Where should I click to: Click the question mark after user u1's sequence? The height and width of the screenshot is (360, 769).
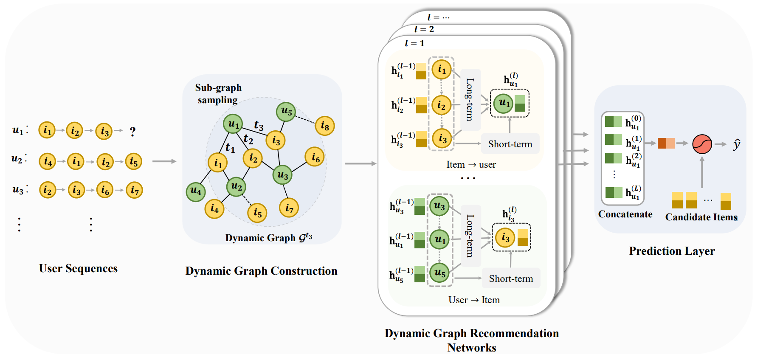[x=133, y=132]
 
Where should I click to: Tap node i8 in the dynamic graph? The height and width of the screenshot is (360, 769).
[x=325, y=126]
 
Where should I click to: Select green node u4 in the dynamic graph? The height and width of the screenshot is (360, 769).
[x=196, y=192]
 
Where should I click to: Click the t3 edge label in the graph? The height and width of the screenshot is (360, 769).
[x=259, y=126]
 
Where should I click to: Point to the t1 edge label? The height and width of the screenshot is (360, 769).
[x=230, y=148]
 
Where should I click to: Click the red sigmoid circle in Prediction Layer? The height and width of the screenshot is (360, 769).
[x=702, y=144]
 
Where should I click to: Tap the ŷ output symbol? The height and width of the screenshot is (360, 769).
[x=737, y=144]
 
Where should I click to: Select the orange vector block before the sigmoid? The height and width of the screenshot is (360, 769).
[x=666, y=143]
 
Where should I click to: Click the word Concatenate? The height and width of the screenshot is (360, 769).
[x=625, y=214]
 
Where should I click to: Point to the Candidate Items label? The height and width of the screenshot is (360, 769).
[x=701, y=217]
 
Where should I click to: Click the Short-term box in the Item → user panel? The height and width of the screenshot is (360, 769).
[x=510, y=144]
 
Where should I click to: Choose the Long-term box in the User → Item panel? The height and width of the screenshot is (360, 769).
[x=470, y=236]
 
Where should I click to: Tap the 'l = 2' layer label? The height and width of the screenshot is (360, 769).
[x=424, y=29]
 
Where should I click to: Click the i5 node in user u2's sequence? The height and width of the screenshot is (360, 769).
[x=134, y=161]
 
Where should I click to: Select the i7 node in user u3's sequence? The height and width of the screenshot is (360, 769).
[x=135, y=190]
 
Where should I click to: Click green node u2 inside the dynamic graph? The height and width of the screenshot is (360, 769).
[x=236, y=187]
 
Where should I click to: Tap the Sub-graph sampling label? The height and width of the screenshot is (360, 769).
[x=218, y=94]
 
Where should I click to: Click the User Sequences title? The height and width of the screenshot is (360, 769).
[x=78, y=268]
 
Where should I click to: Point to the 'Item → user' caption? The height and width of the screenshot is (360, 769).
[x=471, y=165]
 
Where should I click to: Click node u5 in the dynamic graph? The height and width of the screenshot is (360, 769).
[x=286, y=112]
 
